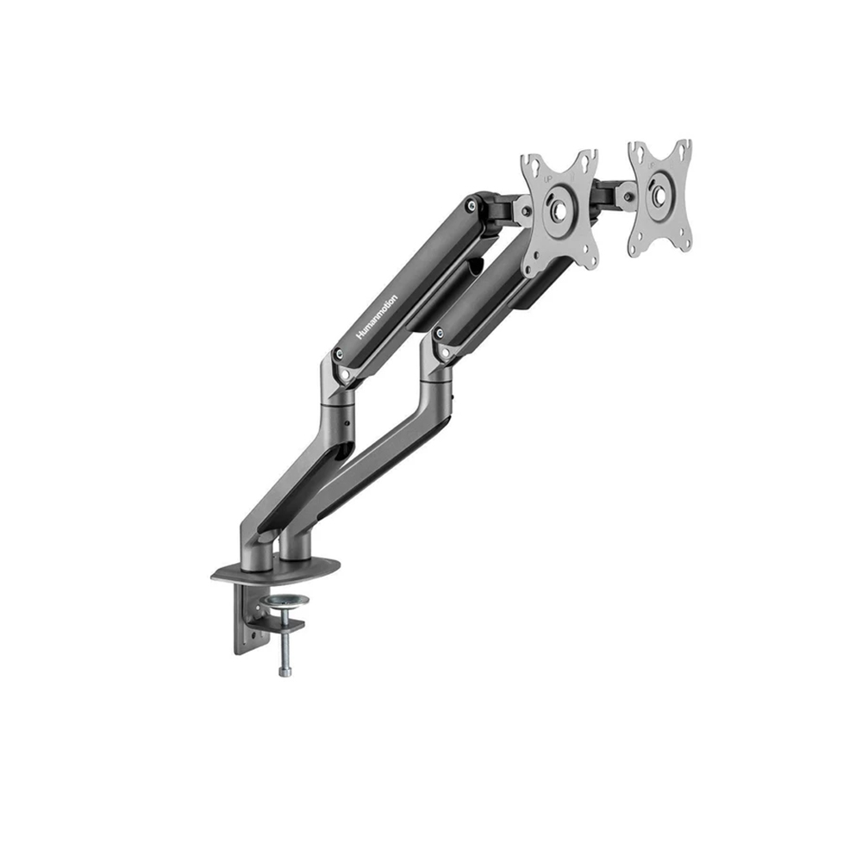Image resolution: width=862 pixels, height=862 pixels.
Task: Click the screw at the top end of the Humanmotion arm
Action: pos(470,206)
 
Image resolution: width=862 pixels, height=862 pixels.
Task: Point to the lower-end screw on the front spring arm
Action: pos(441,333)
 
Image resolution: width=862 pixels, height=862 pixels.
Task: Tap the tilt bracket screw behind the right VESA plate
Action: pos(629,196)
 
